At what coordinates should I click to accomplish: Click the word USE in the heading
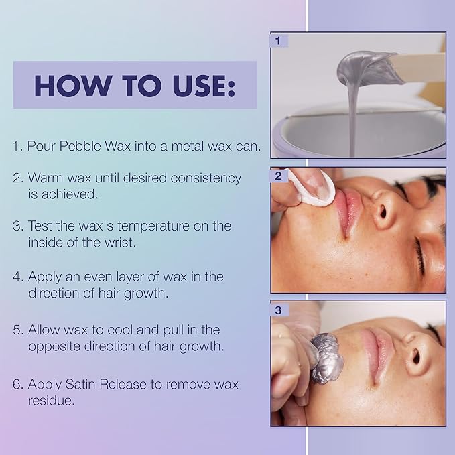[204, 86]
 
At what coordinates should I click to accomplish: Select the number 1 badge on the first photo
[279, 41]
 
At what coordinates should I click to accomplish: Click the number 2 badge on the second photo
[279, 176]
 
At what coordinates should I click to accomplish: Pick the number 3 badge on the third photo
[279, 310]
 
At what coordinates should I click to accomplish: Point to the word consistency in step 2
[206, 178]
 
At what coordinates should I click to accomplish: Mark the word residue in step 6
[52, 401]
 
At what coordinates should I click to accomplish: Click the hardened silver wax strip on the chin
[326, 359]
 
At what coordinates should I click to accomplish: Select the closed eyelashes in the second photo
[419, 256]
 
